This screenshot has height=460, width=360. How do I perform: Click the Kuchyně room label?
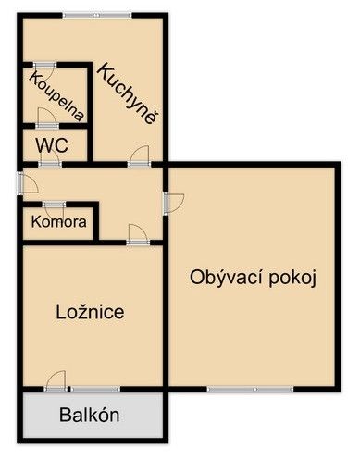(x=129, y=93)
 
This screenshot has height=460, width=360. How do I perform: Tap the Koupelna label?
(x=56, y=96)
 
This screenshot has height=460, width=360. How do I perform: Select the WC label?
(x=52, y=145)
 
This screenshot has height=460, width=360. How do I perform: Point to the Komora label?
(x=58, y=222)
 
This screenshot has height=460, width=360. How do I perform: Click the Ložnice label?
(x=90, y=312)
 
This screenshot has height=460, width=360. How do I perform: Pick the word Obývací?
(x=227, y=278)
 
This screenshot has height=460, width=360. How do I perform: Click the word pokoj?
(x=292, y=279)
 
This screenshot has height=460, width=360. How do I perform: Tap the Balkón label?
(x=90, y=415)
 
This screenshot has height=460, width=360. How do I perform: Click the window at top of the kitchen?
(x=97, y=15)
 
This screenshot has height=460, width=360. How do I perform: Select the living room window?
(x=250, y=390)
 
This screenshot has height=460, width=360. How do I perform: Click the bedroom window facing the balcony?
(x=95, y=390)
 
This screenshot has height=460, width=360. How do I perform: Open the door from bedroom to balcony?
(x=56, y=382)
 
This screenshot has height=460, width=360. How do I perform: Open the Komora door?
(x=55, y=208)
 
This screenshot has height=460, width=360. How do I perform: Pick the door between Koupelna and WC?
(x=47, y=119)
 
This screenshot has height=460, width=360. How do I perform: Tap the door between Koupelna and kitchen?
(x=45, y=68)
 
